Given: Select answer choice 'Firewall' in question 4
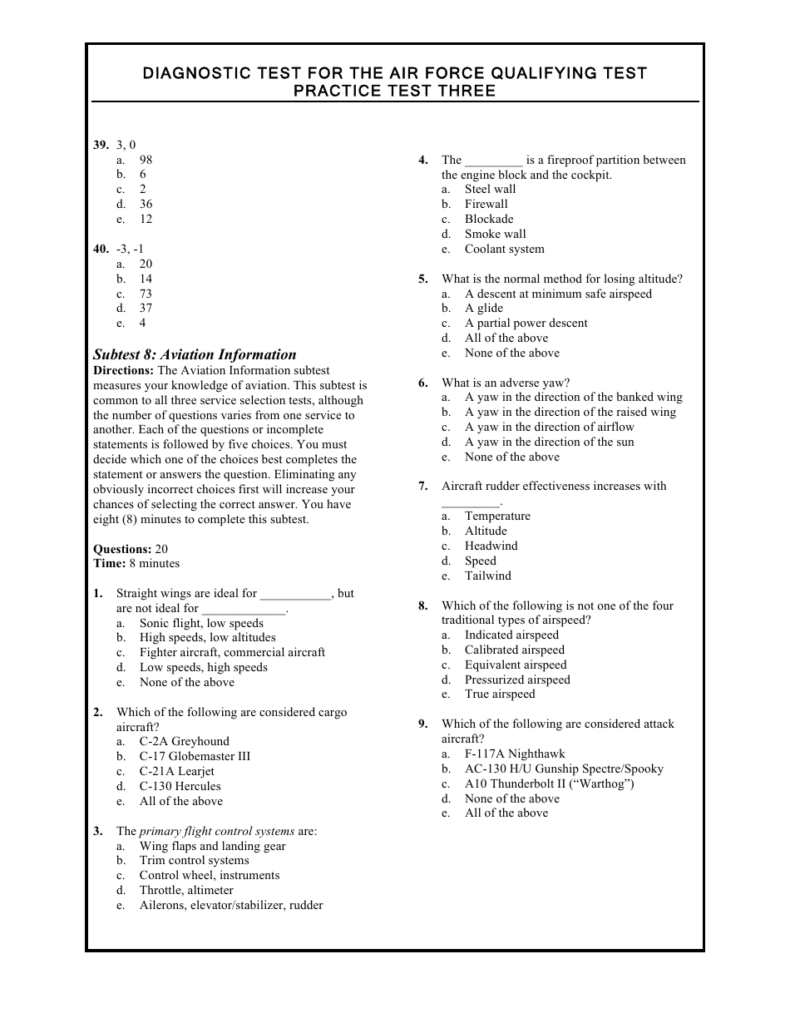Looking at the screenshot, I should [486, 205].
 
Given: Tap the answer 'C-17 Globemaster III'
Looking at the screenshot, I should [195, 756].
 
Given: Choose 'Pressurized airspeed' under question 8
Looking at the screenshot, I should [517, 680].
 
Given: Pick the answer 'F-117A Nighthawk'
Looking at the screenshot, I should [515, 754].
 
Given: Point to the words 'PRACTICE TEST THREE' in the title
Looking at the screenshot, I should [394, 91].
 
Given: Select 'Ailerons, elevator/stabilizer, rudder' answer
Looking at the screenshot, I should [231, 905].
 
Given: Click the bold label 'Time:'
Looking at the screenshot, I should [110, 563].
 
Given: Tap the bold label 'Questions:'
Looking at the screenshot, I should [122, 549].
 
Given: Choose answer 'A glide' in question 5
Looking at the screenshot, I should [484, 309].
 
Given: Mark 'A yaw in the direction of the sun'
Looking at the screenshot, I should [549, 442].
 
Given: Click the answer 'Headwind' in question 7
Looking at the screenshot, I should [491, 546].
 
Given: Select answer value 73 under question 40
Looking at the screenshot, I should [146, 294].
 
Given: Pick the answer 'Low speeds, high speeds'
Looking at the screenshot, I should [204, 667].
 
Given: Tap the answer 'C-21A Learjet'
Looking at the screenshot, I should [177, 771].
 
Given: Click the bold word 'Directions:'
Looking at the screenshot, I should [124, 370].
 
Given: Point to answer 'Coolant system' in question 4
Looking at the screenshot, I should [504, 250].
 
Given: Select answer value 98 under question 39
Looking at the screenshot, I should [146, 160].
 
